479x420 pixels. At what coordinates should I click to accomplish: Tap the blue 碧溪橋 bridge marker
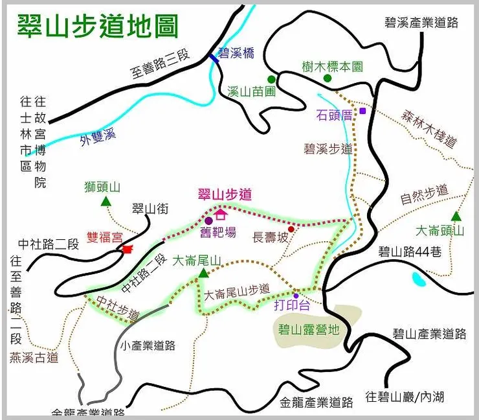pyautogui.click(x=214, y=58)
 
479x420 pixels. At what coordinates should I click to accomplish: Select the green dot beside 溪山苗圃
pyautogui.click(x=272, y=79)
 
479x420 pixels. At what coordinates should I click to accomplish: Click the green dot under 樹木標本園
pyautogui.click(x=328, y=78)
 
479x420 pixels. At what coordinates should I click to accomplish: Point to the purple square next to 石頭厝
pyautogui.click(x=363, y=111)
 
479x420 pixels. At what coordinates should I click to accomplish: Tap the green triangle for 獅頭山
pyautogui.click(x=106, y=202)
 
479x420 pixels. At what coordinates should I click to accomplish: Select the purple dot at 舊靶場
pyautogui.click(x=209, y=221)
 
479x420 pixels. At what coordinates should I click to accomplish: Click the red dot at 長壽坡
pyautogui.click(x=291, y=229)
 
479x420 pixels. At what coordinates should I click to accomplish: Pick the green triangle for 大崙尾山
pyautogui.click(x=203, y=274)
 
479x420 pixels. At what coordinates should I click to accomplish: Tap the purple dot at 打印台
pyautogui.click(x=296, y=295)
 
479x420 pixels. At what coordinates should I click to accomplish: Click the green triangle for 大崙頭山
pyautogui.click(x=456, y=216)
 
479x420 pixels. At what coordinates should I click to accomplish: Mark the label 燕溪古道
pyautogui.click(x=34, y=356)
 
